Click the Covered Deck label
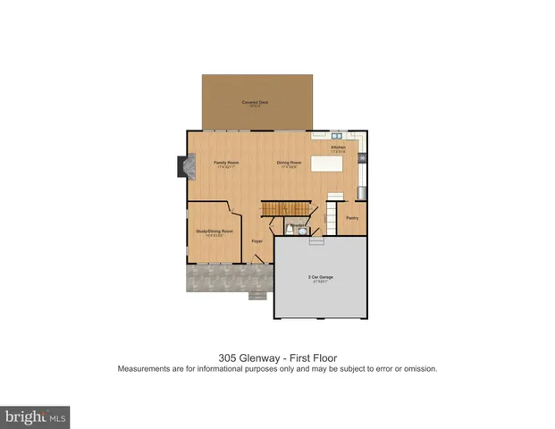pos(256,103)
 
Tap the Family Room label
pos(226,164)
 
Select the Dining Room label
pos(290,164)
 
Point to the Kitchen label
pos(338,147)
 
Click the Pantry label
pos(352,217)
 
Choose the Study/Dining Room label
pos(214,231)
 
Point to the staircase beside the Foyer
pos(286,207)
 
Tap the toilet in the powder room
pos(302,230)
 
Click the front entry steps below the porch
pos(256,296)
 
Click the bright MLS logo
pos(36,417)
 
